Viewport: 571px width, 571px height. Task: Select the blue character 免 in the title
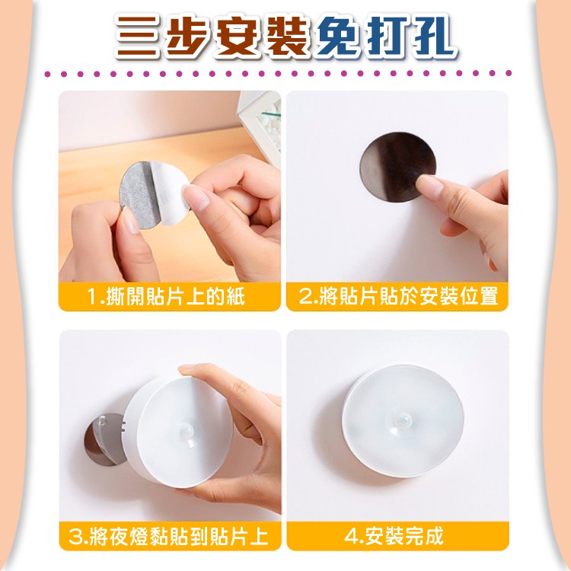tap(337, 37)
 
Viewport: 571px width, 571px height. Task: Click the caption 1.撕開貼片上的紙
tap(166, 296)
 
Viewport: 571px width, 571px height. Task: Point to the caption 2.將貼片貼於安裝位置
tap(398, 296)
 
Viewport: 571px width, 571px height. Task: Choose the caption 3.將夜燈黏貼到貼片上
tap(168, 536)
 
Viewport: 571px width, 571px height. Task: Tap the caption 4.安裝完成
tap(394, 536)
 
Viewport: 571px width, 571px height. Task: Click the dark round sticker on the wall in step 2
tap(397, 167)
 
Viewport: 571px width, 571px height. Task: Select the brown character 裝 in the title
tap(287, 37)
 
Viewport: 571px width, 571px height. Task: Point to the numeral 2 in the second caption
tap(305, 296)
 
